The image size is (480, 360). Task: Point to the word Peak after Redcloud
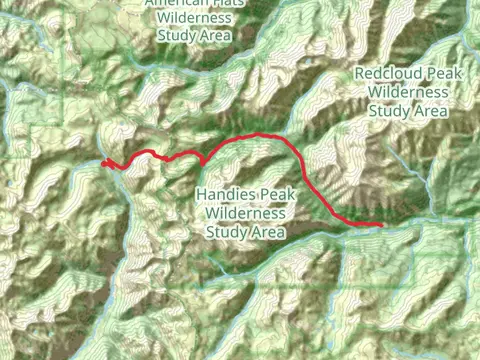tap(444, 74)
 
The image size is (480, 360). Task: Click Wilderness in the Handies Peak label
tap(246, 212)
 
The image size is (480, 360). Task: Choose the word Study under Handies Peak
tap(227, 232)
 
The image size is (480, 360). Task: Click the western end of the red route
tap(104, 162)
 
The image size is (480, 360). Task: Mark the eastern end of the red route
tap(382, 226)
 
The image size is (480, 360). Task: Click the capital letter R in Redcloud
tap(360, 74)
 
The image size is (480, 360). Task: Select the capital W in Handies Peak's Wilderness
tap(212, 212)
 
